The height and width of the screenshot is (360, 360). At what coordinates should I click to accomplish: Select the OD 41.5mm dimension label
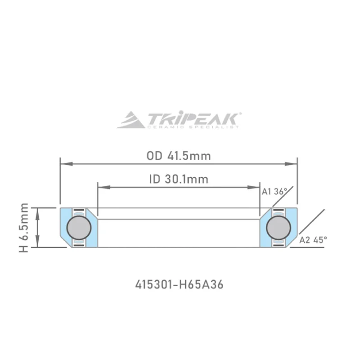[x=179, y=156]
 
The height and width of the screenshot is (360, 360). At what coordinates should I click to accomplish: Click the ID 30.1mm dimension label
[x=179, y=180]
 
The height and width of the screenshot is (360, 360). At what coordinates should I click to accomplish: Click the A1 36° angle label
[x=274, y=192]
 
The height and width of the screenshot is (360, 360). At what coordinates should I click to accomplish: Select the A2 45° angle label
[x=312, y=240]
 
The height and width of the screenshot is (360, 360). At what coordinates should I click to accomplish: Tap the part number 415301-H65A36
[x=179, y=284]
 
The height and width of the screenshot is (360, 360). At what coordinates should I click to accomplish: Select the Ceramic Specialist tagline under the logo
[x=193, y=127]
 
